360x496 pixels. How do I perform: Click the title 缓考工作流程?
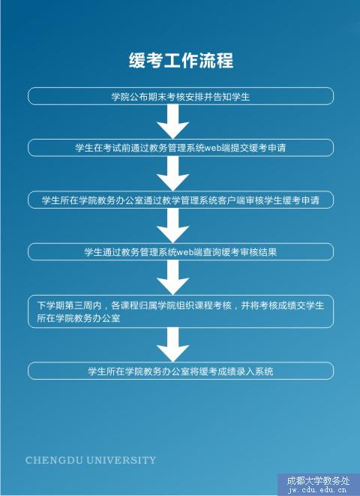click(x=181, y=60)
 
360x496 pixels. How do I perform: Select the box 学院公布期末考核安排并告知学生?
click(x=181, y=96)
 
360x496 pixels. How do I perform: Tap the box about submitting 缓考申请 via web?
click(x=181, y=148)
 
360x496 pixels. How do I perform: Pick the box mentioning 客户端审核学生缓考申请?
click(x=181, y=200)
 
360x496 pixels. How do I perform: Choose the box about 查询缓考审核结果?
click(x=181, y=252)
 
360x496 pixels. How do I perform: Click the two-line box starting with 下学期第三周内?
click(x=181, y=311)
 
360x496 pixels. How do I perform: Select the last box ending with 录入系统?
click(x=181, y=371)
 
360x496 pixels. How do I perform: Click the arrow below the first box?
click(x=173, y=122)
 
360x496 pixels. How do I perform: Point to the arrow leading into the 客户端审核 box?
click(x=173, y=173)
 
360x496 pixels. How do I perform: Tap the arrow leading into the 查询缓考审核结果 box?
click(x=173, y=226)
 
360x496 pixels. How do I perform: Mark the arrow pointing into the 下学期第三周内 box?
click(x=173, y=278)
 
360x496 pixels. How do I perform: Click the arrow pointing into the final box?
click(x=173, y=344)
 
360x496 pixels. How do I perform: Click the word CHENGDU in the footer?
click(x=54, y=460)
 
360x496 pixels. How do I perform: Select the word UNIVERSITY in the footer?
click(x=121, y=460)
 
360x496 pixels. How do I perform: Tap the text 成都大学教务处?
click(x=318, y=481)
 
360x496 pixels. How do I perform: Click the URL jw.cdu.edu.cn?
click(x=317, y=490)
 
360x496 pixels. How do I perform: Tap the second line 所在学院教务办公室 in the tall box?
click(x=79, y=318)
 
